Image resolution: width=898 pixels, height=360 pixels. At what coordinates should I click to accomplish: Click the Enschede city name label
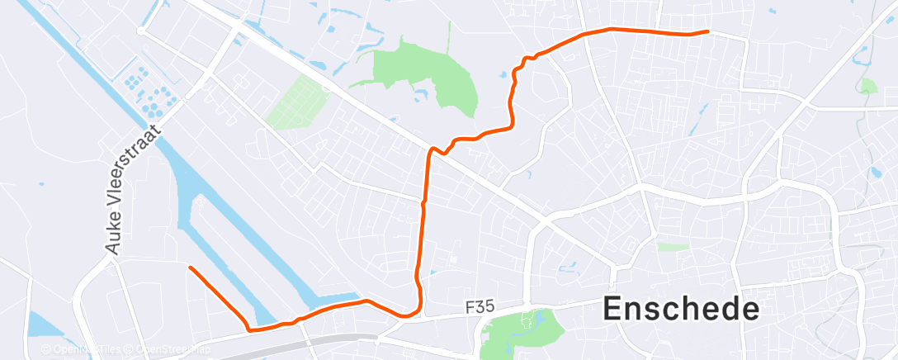pos(681,309)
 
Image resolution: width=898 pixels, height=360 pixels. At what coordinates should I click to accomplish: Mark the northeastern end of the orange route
pos(707,31)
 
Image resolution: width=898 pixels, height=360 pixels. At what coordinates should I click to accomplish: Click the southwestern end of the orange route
pos(190,268)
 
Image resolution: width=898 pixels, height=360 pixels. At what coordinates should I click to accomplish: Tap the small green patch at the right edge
pos(867,86)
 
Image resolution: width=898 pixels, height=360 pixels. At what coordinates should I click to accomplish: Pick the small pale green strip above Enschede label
pos(673,247)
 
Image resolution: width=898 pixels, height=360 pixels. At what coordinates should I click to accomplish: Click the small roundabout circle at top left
pos(141,31)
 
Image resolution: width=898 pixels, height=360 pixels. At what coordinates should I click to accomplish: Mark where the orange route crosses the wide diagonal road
pos(430,151)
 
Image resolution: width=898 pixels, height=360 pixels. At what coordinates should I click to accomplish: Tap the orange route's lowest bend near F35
pos(407,315)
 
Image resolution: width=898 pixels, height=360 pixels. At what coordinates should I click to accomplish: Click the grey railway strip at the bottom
pos(330,339)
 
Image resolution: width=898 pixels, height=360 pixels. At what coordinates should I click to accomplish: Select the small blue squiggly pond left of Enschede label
pos(568,266)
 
